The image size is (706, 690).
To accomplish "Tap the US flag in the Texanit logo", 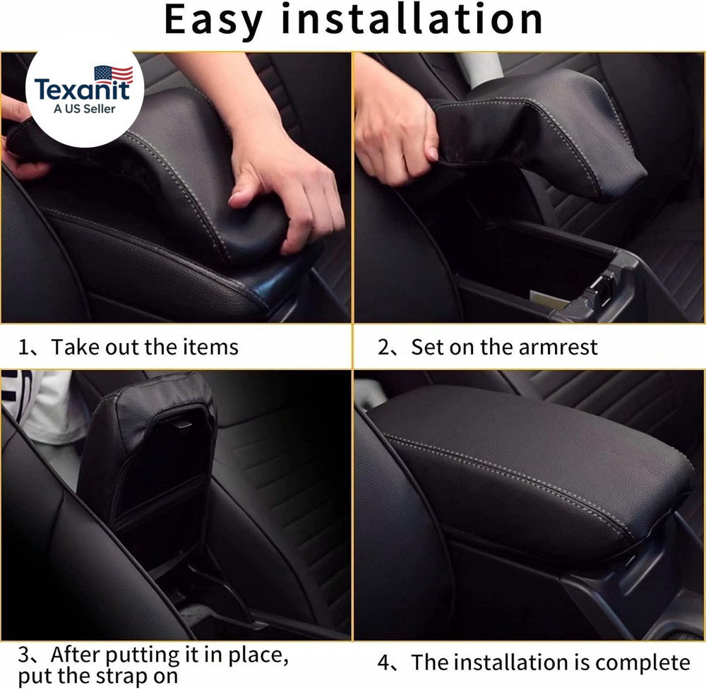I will (x=113, y=74).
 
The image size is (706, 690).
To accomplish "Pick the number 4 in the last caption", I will (x=384, y=663).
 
